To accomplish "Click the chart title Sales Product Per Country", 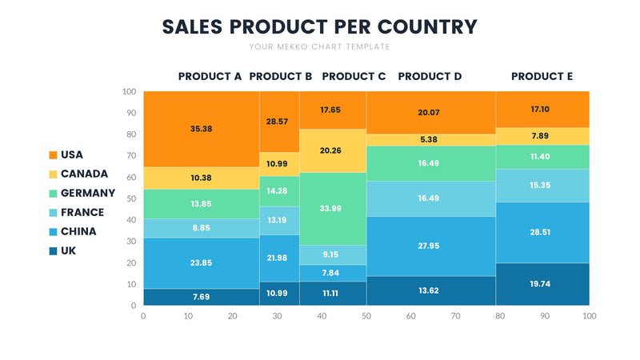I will coord(319,26).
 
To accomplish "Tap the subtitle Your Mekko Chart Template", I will coord(319,46).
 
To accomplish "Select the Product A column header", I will coord(210,77).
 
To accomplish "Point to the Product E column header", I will coord(542,77).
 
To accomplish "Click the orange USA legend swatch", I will coord(53,154).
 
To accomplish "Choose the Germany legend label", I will coord(88,193).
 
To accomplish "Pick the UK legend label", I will coord(69,250).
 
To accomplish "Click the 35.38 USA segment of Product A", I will coord(201,129).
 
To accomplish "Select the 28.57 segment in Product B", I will coord(279,122).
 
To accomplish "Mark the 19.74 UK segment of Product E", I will coord(542,284).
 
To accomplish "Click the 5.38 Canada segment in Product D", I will coord(431,140).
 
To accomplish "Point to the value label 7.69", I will coord(201,297).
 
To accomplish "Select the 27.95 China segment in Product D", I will coord(431,246).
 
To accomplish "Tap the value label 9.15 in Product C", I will coord(330,254).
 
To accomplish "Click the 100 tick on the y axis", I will coord(130,92).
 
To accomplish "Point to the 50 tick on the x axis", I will coord(366,317).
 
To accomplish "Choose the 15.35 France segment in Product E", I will coord(542,186).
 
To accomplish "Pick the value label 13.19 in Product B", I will coord(279,220).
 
